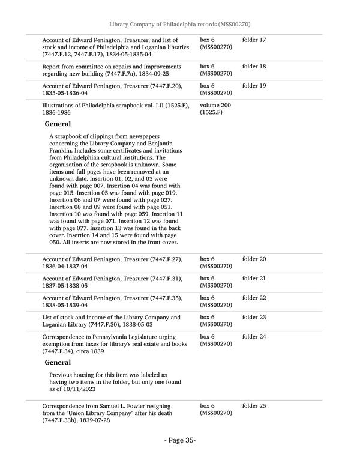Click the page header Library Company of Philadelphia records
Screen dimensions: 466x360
[x=179, y=24]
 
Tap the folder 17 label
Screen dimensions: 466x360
[x=254, y=40]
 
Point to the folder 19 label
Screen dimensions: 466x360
[x=254, y=86]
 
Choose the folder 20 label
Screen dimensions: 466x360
[x=254, y=259]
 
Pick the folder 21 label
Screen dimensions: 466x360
[x=254, y=279]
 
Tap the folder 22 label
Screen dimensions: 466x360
[x=254, y=298]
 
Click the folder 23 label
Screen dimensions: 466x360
[x=254, y=317]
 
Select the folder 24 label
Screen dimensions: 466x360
[x=254, y=337]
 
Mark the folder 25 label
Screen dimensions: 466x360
[x=254, y=406]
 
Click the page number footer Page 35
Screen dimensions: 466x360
[x=180, y=440]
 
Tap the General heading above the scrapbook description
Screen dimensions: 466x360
[x=58, y=124]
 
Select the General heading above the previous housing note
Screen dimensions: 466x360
[x=58, y=362]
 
